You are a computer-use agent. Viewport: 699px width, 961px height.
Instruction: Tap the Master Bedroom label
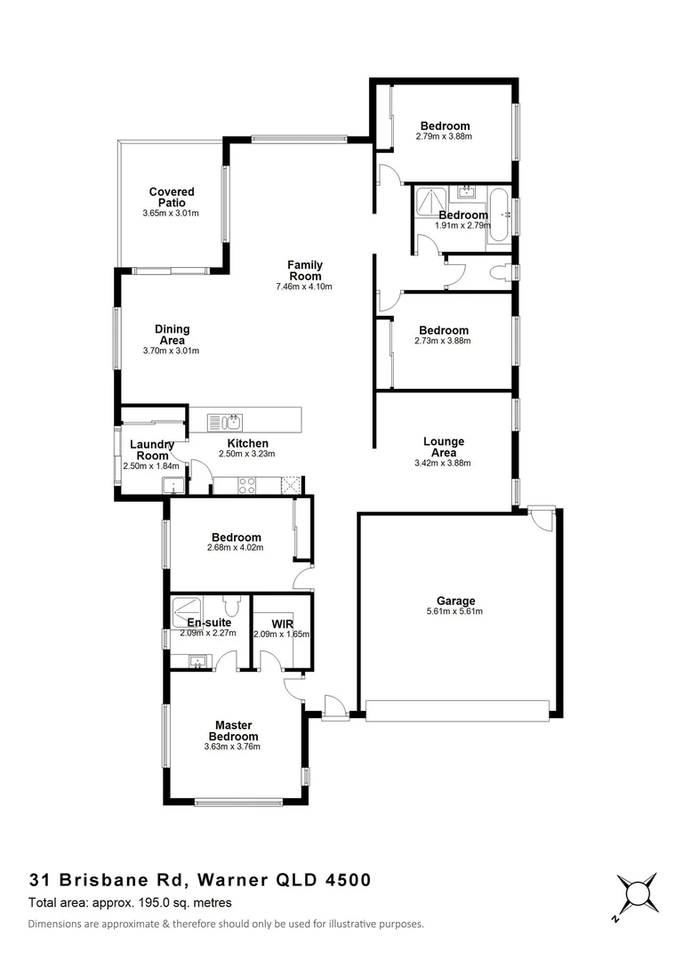point(233,731)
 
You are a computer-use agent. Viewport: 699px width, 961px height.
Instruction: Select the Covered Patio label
point(171,197)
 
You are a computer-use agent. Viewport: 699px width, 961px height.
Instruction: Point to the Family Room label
point(304,270)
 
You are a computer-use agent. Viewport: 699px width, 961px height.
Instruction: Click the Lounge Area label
point(443,447)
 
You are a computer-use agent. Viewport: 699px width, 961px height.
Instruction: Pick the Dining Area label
point(172,335)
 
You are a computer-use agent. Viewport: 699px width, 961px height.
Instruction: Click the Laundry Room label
point(151,449)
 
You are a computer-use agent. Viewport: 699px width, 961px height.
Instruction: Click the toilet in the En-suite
point(232,606)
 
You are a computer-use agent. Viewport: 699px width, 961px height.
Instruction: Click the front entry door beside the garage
point(334,708)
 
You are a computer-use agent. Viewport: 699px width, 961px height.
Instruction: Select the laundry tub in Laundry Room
point(171,485)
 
